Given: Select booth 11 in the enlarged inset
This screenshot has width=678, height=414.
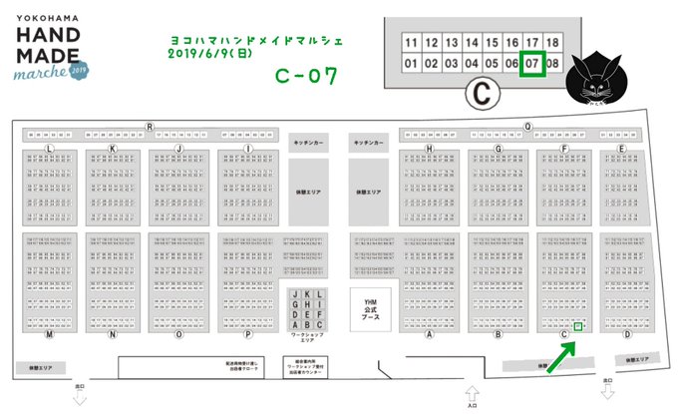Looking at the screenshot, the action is tap(410, 44).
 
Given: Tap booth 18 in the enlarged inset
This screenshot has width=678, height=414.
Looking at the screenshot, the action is tap(553, 44).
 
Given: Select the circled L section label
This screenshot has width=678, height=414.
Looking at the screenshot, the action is tap(48, 148).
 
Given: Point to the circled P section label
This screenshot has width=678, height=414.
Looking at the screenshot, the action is tap(246, 334).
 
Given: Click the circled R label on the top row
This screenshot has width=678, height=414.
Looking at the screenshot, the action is tap(150, 127).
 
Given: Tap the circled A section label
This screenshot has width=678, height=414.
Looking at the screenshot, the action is tap(429, 334).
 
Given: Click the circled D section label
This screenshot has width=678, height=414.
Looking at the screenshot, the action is tap(627, 334).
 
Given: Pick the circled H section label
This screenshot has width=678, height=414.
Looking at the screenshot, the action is tap(429, 148).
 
